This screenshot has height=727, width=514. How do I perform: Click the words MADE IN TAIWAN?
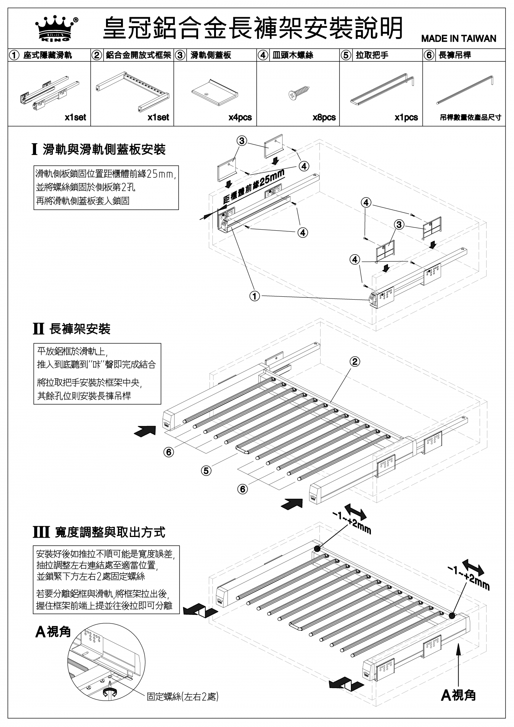pyautogui.click(x=458, y=39)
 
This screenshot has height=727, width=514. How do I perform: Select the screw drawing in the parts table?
pyautogui.click(x=298, y=93)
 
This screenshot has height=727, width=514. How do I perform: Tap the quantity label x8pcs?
pyautogui.click(x=324, y=117)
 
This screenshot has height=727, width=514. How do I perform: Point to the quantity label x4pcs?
pyautogui.click(x=240, y=117)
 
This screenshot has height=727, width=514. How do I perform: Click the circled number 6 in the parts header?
pyautogui.click(x=429, y=55)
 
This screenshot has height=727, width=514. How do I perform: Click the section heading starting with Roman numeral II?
pyautogui.click(x=71, y=329)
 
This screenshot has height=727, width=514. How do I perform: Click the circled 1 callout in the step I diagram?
pyautogui.click(x=255, y=296)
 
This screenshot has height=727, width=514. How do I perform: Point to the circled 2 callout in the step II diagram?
pyautogui.click(x=354, y=362)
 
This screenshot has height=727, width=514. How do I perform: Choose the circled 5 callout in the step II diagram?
pyautogui.click(x=206, y=471)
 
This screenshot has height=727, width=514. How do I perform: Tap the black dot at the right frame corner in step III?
pyautogui.click(x=452, y=616)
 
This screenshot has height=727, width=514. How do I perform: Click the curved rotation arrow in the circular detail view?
pyautogui.click(x=110, y=692)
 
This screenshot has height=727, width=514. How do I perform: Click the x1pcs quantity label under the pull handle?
pyautogui.click(x=406, y=117)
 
